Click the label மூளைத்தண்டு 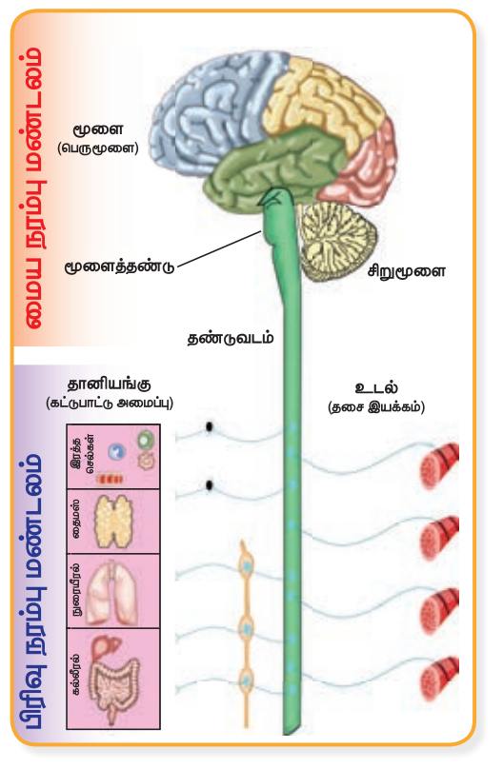pyautogui.click(x=119, y=266)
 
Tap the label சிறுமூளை pyautogui.click(x=407, y=270)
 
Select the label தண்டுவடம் pyautogui.click(x=231, y=338)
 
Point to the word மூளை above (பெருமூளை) pyautogui.click(x=98, y=130)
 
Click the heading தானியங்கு pyautogui.click(x=109, y=384)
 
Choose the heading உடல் pyautogui.click(x=376, y=387)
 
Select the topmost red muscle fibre pyautogui.click(x=439, y=466)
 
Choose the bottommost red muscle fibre pyautogui.click(x=439, y=680)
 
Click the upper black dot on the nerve pyautogui.click(x=209, y=427)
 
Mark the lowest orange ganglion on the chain pyautogui.click(x=246, y=680)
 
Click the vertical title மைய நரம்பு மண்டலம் pyautogui.click(x=33, y=187)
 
